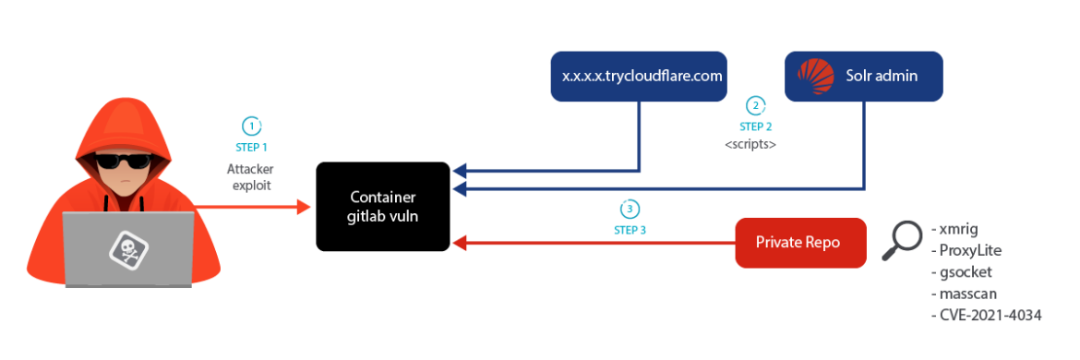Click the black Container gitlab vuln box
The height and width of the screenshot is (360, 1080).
coord(383,207)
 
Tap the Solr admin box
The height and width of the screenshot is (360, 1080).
coord(863,76)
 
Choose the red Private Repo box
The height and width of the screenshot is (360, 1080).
coord(800,243)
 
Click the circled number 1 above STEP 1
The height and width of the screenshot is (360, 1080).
coord(251,126)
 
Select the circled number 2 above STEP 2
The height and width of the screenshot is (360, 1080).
coord(755,105)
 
